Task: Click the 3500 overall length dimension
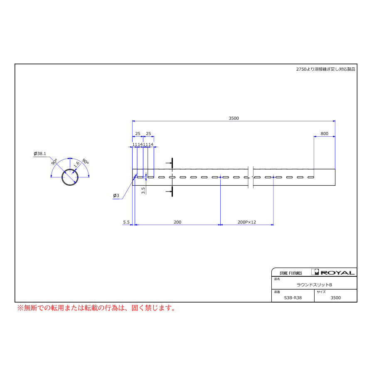pos(234,118)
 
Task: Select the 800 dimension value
pos(324,133)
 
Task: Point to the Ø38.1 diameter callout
pos(40,154)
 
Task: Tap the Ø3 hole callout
pos(116,196)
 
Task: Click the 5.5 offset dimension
pos(126,222)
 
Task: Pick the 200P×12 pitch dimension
pos(246,222)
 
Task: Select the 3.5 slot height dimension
pos(143,190)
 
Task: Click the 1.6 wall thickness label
pos(76,164)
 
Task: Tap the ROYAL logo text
pos(337,273)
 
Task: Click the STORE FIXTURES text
pos(291,273)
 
